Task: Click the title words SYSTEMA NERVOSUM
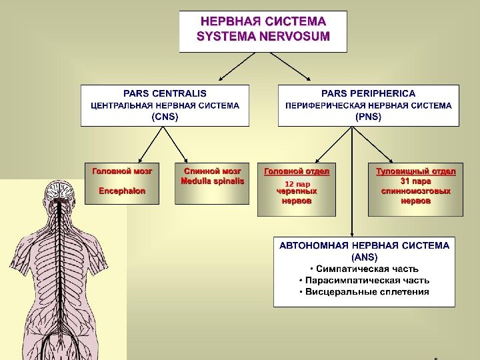[x=263, y=35]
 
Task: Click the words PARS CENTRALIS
[x=165, y=93]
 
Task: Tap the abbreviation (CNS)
[x=165, y=116]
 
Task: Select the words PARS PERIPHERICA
[x=368, y=93]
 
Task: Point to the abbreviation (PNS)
[x=368, y=116]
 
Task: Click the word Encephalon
[x=122, y=191]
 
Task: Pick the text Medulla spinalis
[x=212, y=181]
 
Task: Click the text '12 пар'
[x=297, y=183]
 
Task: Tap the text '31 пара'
[x=415, y=181]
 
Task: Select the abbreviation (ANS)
[x=364, y=257]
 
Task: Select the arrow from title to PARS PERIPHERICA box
[x=300, y=69]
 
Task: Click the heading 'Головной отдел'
[x=297, y=171]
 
